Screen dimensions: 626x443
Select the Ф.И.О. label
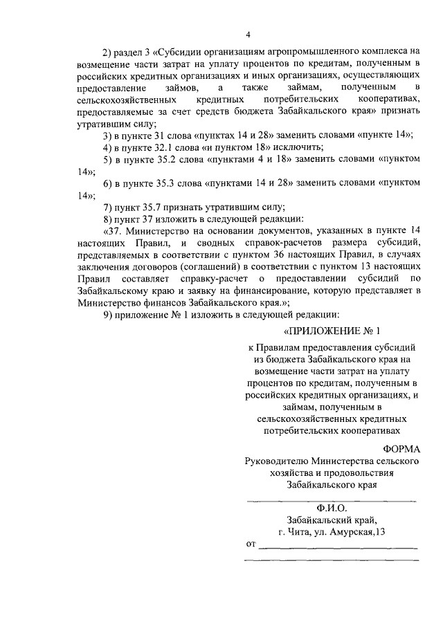(332, 507)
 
